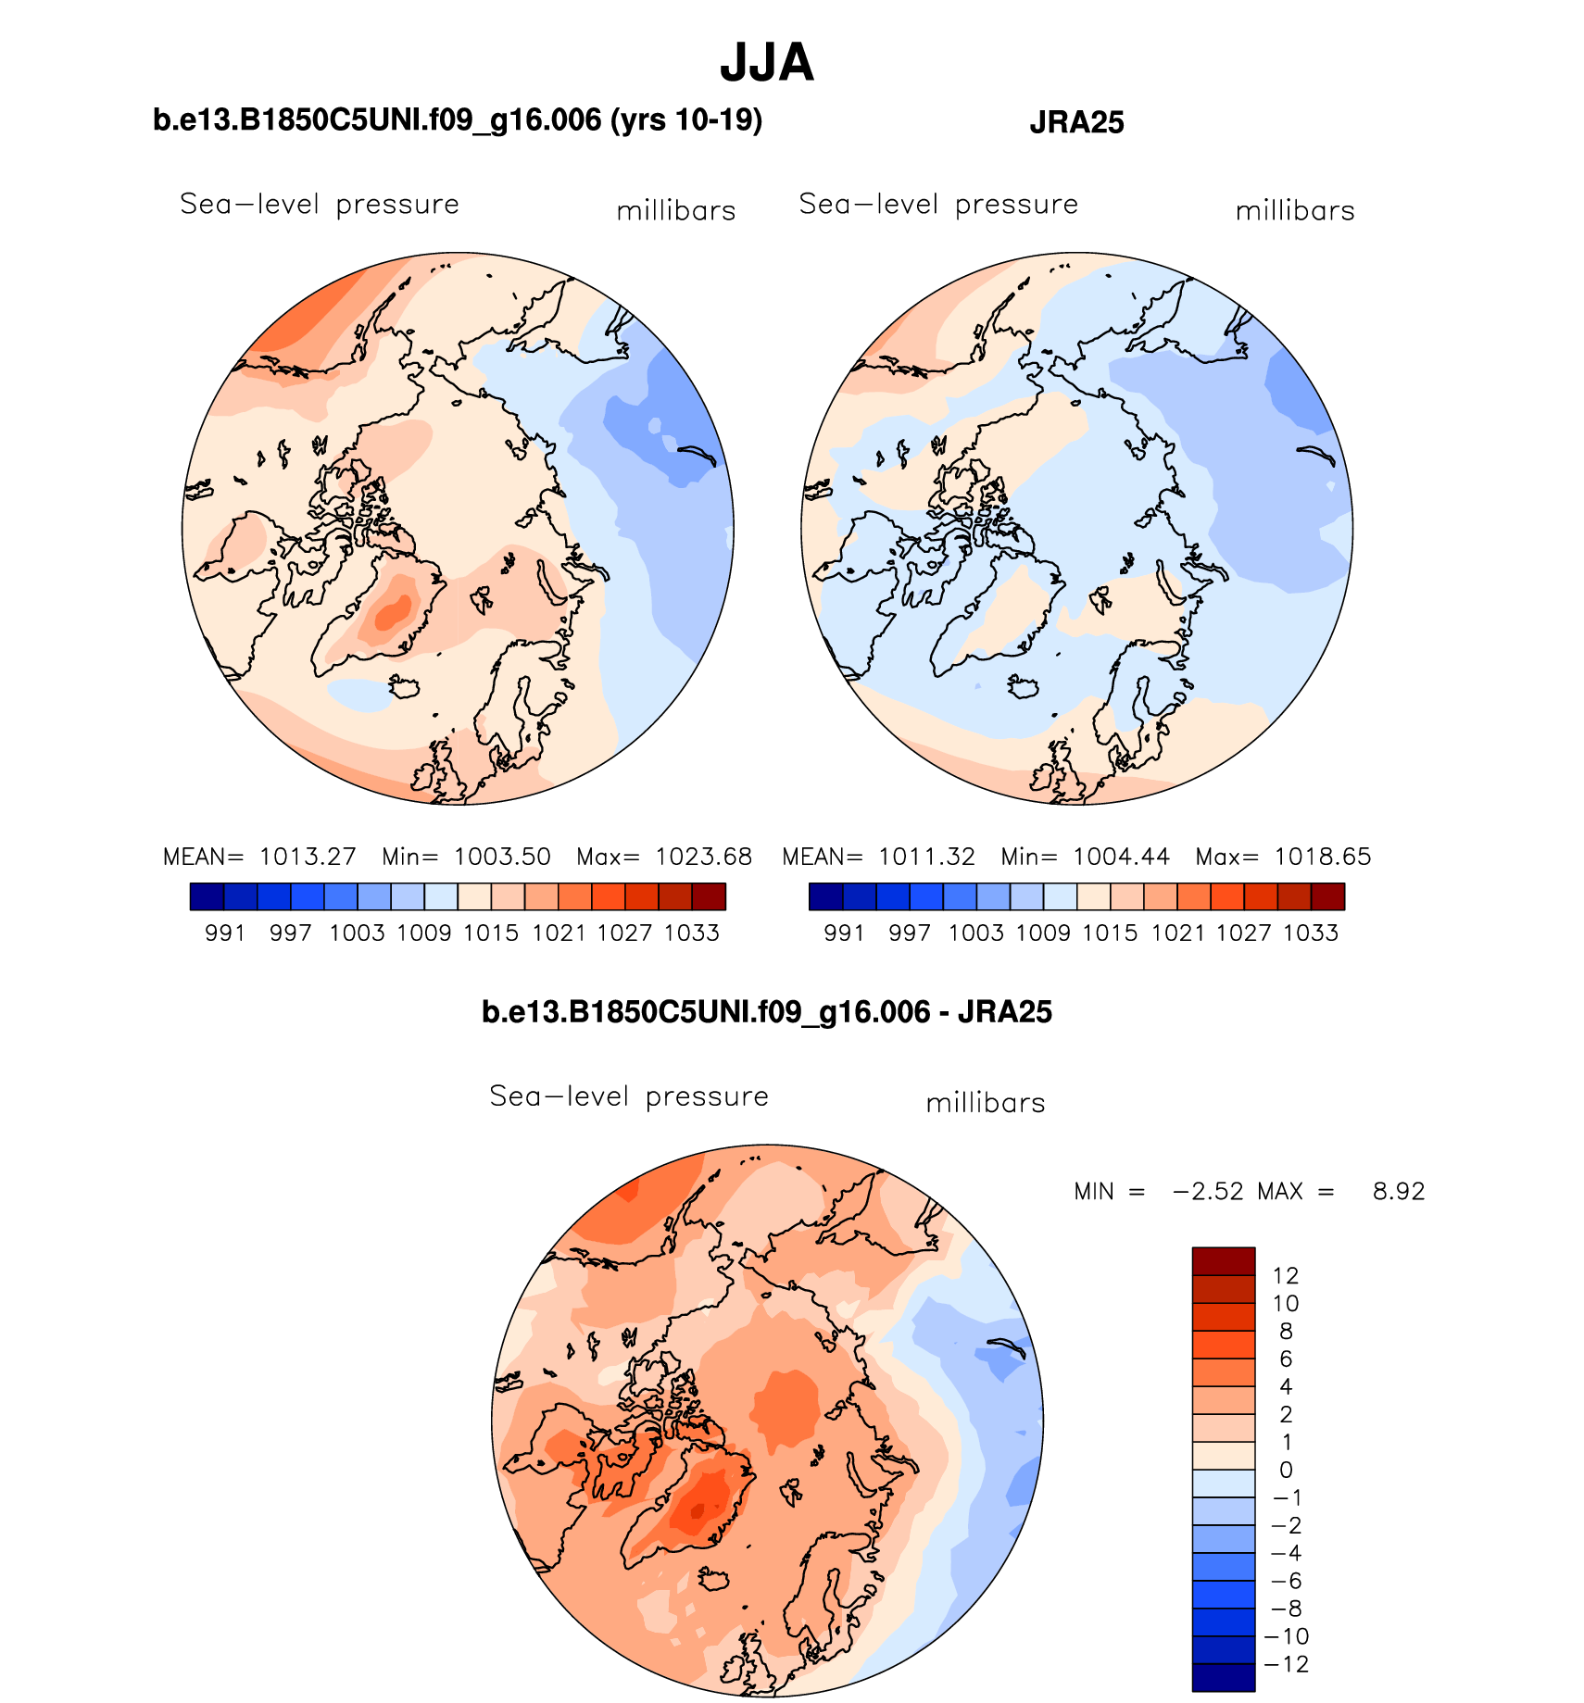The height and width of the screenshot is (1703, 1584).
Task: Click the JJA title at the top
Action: tap(766, 63)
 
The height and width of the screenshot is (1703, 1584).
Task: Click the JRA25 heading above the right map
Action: tap(1076, 122)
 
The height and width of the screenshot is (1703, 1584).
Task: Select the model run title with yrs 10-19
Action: tap(458, 120)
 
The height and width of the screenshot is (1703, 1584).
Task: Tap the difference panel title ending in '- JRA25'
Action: tap(766, 1011)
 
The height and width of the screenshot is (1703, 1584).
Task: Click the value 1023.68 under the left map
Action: tap(703, 857)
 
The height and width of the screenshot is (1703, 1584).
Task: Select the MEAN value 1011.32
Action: tap(926, 857)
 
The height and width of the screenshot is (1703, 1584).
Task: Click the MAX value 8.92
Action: tap(1398, 1191)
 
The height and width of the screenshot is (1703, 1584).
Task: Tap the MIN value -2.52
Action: tap(1208, 1191)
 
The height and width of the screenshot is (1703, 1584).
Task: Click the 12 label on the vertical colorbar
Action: tap(1286, 1275)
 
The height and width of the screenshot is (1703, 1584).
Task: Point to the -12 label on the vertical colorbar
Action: tap(1286, 1664)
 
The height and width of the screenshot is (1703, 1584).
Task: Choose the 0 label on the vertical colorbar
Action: tap(1286, 1470)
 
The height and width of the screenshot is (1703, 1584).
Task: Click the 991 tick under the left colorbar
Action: tap(225, 933)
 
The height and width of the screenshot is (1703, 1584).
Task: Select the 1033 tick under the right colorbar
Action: tap(1311, 933)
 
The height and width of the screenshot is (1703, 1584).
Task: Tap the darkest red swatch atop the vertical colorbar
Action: tap(1223, 1261)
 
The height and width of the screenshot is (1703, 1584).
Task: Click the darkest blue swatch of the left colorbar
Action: tap(207, 896)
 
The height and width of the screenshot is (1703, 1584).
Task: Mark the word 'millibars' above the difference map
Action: tap(986, 1103)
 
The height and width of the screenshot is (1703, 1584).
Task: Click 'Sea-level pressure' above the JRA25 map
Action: tap(938, 204)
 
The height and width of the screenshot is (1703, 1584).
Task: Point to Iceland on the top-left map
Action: tap(404, 687)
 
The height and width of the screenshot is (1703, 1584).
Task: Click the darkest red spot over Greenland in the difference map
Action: tap(697, 1511)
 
